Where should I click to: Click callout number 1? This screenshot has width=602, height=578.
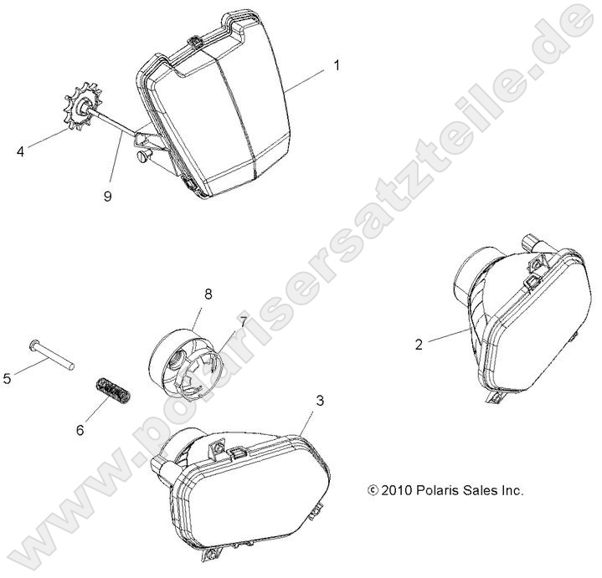coord(337,66)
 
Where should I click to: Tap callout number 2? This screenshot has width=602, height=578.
coord(419,345)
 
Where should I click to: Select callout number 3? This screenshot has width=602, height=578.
coord(320,401)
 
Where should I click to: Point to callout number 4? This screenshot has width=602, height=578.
coord(20,152)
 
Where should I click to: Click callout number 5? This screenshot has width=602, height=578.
coord(8,379)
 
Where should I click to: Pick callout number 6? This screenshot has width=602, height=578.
coord(80,430)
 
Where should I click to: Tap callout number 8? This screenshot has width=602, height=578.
coord(208,294)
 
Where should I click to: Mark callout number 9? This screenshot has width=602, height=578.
coord(108,196)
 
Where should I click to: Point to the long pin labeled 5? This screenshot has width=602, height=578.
coord(51,355)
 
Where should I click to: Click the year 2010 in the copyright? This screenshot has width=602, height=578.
coord(397,490)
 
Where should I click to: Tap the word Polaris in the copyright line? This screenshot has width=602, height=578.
coord(437,490)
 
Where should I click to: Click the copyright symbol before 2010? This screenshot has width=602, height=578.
coord(373,490)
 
